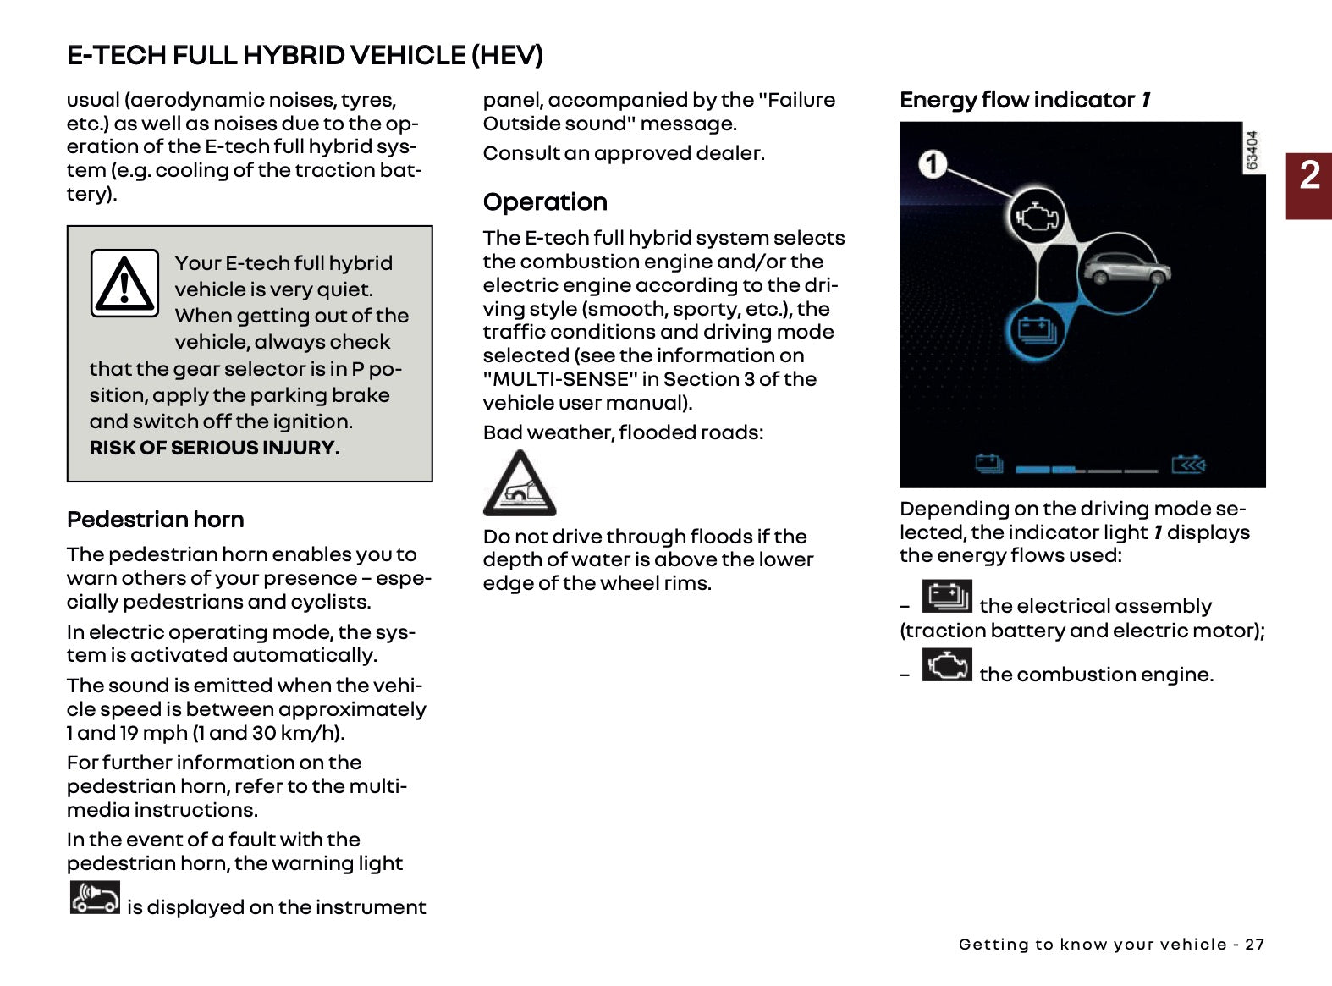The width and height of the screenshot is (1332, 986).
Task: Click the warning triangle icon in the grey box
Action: coord(124,283)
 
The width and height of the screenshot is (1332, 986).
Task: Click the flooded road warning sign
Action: coord(519,484)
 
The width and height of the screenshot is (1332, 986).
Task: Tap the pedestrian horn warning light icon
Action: coord(95,898)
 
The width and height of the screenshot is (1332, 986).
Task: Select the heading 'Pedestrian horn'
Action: coord(156,520)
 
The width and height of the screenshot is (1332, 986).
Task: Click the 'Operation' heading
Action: coord(545,202)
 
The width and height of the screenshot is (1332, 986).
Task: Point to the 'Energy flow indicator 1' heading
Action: coord(1025,100)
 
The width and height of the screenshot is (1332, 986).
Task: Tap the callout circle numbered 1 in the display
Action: coord(933,163)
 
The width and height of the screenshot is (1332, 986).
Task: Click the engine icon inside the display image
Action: coord(1037,216)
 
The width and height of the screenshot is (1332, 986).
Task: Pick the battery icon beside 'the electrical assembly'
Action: coord(946,596)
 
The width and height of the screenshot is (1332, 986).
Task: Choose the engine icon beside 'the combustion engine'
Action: coord(946,665)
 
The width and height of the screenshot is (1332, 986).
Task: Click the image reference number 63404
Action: coord(1252,150)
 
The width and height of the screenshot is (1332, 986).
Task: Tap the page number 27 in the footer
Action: coord(1254,945)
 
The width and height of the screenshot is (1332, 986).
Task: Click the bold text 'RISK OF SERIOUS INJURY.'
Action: coord(214,449)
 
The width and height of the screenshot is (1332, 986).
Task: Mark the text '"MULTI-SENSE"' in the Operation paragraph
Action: coord(556,379)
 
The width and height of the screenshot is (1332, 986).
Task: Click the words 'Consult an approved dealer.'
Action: coord(624,153)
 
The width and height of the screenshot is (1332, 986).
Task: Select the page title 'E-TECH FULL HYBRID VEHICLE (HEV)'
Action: coord(305,56)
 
